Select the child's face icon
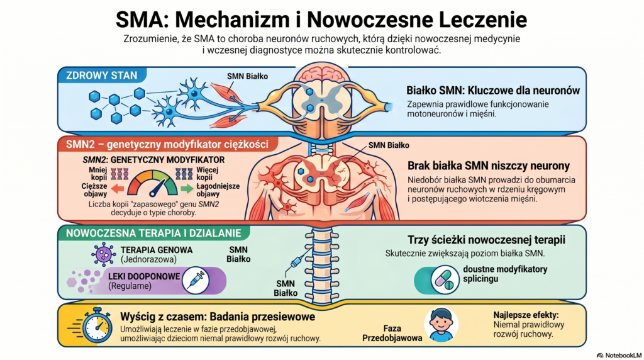[441, 323]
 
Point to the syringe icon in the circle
[196, 281]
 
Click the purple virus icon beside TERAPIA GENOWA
[103, 254]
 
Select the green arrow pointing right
[187, 187]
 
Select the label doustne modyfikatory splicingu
[505, 273]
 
